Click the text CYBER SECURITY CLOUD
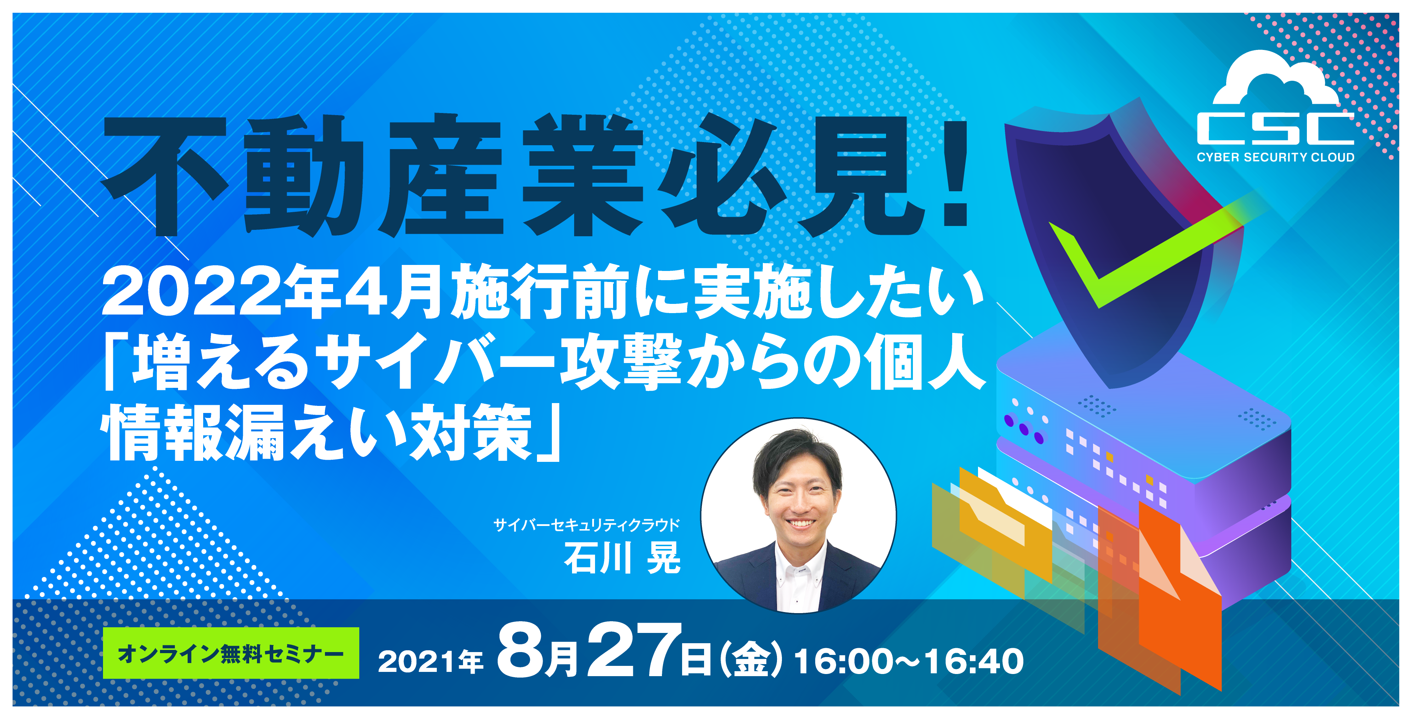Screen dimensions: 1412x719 point(1275,157)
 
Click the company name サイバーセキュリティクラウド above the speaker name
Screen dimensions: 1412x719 point(587,525)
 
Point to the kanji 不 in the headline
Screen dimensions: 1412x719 point(165,175)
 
